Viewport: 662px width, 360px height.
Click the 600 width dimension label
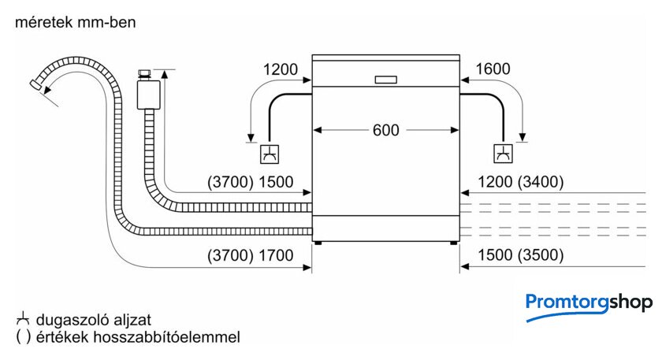point(386,130)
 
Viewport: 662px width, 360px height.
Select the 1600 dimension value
point(493,69)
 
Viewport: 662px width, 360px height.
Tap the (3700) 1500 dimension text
point(251,182)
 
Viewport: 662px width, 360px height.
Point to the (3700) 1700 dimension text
point(251,255)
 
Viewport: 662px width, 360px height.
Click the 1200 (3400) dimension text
point(521,182)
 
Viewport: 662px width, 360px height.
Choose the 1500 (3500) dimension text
point(521,255)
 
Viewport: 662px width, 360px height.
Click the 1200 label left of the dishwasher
point(281,69)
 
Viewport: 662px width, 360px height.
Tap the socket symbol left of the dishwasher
point(270,154)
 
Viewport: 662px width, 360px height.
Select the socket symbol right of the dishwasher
point(504,154)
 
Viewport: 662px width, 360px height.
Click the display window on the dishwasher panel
point(386,80)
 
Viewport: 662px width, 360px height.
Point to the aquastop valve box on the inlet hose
point(149,95)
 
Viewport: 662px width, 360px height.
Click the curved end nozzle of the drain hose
point(36,84)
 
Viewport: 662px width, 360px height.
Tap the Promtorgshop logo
point(589,306)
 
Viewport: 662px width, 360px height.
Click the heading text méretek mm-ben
point(76,22)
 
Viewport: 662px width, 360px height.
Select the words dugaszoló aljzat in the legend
point(94,320)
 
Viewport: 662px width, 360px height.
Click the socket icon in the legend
point(23,319)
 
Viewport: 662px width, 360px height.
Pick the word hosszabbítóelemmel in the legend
point(166,337)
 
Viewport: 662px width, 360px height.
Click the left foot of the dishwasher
point(318,243)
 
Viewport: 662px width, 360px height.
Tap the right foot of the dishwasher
point(453,243)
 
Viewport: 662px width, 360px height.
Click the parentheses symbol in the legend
point(23,337)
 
